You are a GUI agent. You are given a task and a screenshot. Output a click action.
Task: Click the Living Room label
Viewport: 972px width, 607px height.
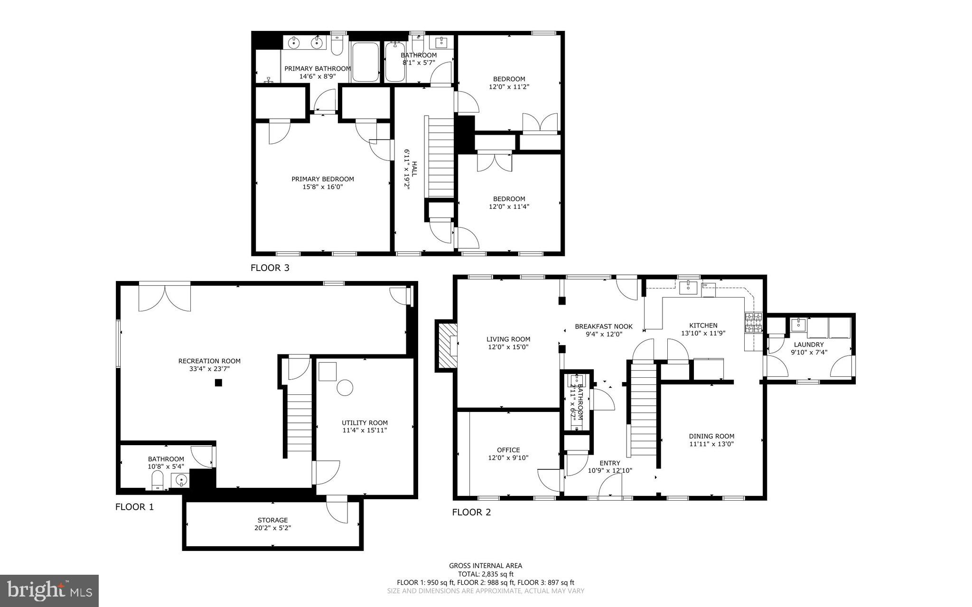(x=508, y=339)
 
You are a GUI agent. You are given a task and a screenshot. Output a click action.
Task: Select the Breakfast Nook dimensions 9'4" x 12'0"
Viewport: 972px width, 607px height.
(x=603, y=334)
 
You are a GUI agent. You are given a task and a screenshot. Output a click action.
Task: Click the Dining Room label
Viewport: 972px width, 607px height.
(x=711, y=436)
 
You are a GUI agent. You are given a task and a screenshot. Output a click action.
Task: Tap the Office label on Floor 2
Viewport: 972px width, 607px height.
(x=508, y=450)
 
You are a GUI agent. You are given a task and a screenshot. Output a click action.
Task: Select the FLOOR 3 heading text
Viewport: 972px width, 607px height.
(x=270, y=268)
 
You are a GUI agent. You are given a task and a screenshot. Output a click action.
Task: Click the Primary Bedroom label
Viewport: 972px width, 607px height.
(x=322, y=179)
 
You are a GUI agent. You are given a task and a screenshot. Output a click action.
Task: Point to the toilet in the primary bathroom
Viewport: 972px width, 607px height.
(x=337, y=46)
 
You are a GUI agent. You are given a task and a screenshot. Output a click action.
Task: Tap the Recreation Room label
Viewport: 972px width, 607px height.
(x=209, y=361)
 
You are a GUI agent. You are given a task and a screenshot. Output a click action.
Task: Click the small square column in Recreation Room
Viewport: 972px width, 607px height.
(x=218, y=383)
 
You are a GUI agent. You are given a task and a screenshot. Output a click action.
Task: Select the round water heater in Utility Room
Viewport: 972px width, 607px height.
(x=345, y=387)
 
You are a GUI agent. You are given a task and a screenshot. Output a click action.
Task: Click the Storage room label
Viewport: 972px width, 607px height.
(x=272, y=520)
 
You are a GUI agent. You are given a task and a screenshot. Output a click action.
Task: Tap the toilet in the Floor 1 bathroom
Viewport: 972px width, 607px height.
(x=158, y=483)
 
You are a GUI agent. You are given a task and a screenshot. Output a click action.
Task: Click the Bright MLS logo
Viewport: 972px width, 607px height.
(x=49, y=590)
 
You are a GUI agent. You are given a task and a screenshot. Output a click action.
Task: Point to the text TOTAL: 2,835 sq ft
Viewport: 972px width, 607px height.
(x=486, y=574)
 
